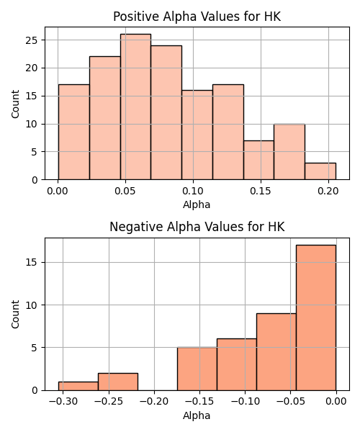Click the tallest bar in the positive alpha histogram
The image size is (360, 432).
[135, 107]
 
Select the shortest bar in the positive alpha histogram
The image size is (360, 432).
[320, 171]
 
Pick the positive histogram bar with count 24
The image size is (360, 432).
[166, 113]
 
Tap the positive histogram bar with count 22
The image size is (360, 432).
[105, 118]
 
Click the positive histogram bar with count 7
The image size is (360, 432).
[258, 160]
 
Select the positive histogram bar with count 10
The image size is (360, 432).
[289, 152]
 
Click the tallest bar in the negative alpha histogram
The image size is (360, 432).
[316, 318]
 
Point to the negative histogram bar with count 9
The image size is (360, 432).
[276, 352]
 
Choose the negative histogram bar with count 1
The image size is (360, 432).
[78, 386]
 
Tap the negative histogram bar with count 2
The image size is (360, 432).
[118, 382]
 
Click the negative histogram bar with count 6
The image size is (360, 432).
[237, 364]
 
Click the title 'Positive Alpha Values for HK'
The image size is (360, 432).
[197, 17]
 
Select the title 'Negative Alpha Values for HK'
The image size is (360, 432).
[197, 227]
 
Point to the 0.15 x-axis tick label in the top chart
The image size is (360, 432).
[261, 191]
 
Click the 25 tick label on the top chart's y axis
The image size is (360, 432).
[32, 40]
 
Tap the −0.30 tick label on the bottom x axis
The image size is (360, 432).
[63, 402]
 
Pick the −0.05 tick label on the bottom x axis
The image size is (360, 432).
[290, 402]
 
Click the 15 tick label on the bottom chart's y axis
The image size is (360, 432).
[32, 262]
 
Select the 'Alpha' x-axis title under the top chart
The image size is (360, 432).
[197, 204]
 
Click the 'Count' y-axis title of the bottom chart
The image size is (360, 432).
[15, 314]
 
